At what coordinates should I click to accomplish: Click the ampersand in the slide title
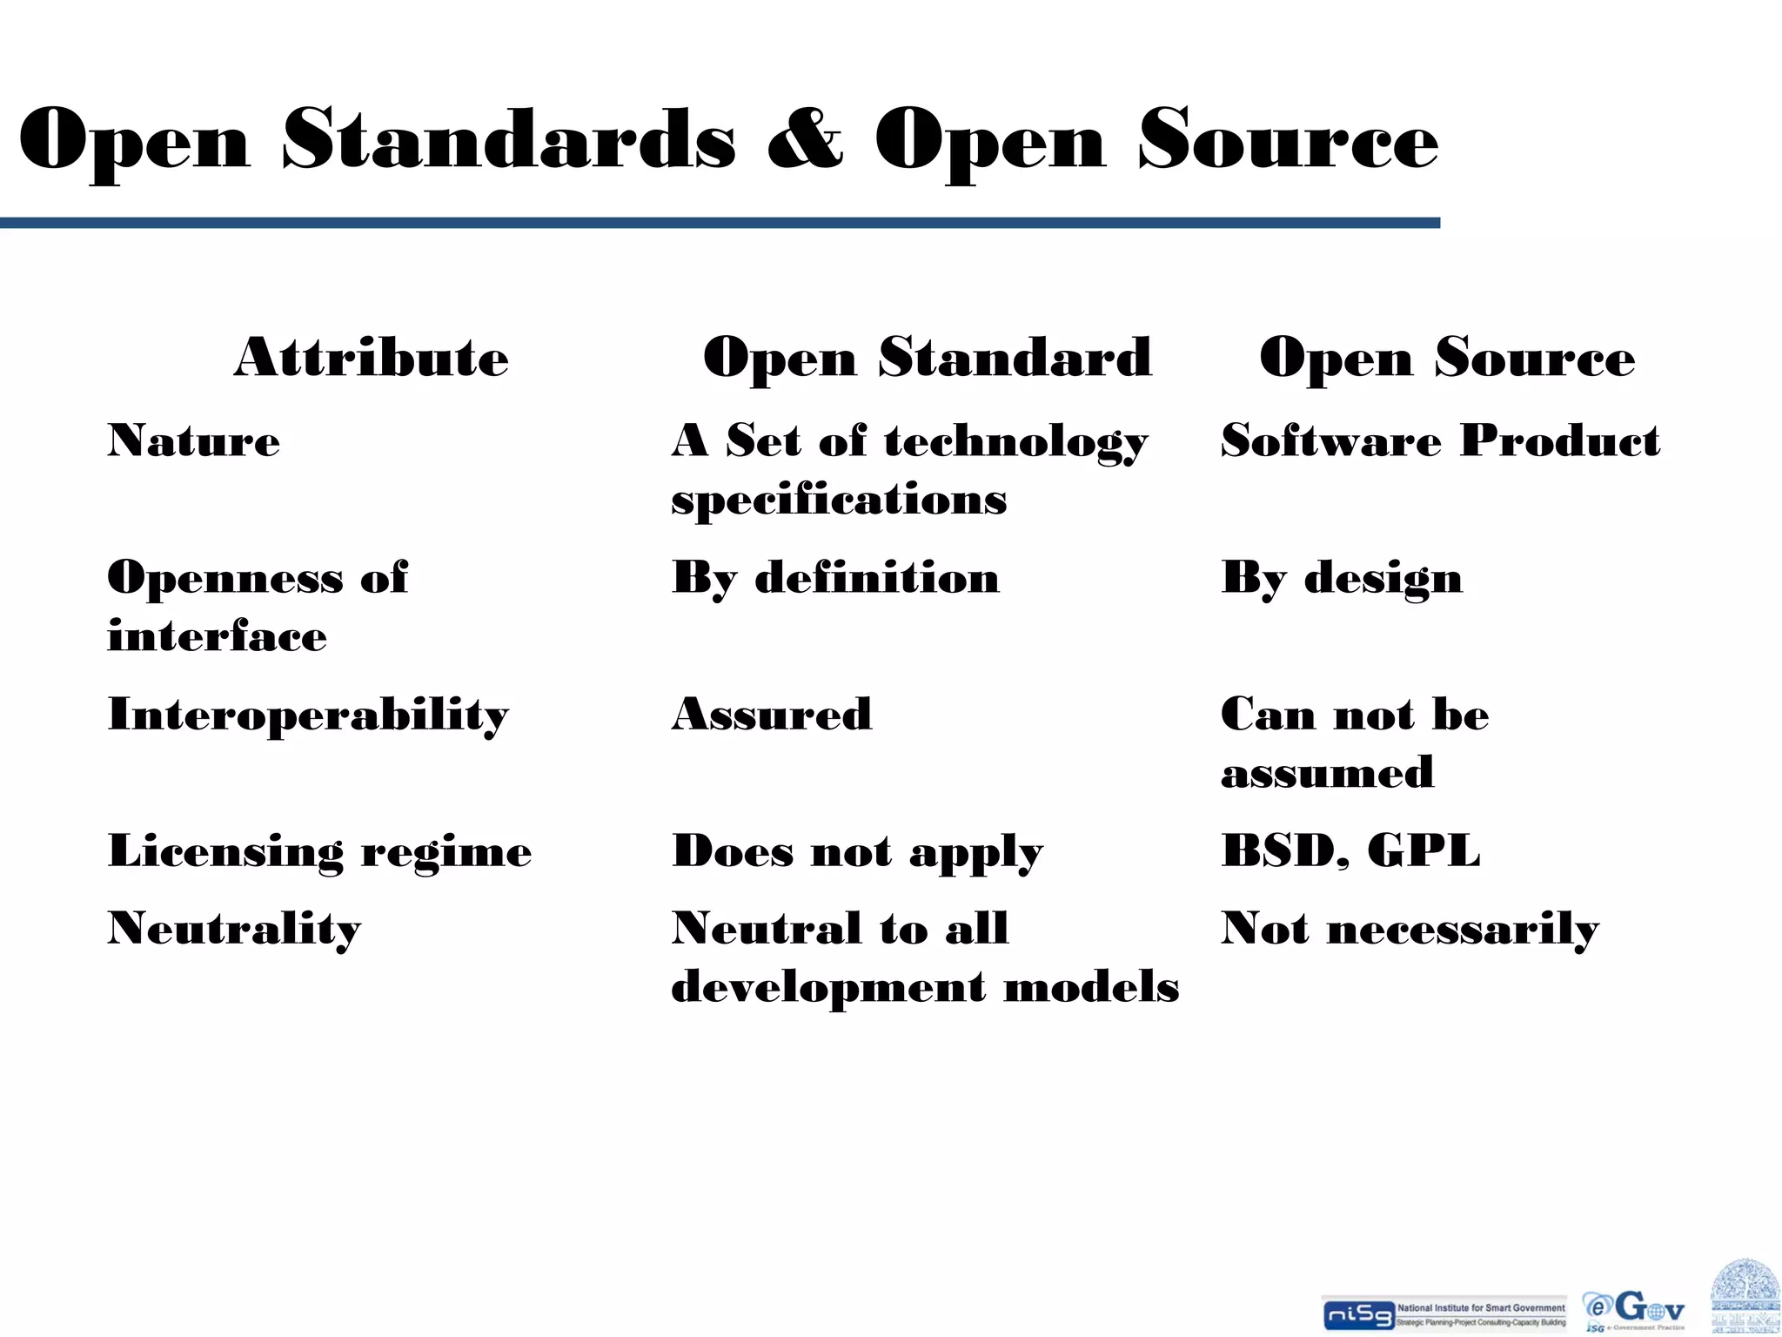805,139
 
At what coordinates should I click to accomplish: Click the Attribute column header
372,357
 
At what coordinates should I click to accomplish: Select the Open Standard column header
928,357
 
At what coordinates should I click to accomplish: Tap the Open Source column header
1447,357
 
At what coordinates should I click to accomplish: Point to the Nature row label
194,440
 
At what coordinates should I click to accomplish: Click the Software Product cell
1440,440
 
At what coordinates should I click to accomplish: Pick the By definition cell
835,578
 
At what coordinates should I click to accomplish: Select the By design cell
1342,578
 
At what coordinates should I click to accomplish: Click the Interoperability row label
308,715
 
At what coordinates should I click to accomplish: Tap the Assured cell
772,715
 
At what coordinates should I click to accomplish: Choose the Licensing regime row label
319,850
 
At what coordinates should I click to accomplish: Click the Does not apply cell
857,850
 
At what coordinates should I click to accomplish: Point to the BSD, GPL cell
1350,850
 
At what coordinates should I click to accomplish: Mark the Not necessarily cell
1410,929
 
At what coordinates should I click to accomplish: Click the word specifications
839,500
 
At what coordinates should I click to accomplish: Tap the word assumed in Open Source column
1327,773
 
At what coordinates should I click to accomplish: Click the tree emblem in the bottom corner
1745,1297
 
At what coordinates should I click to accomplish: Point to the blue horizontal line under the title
720,224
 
